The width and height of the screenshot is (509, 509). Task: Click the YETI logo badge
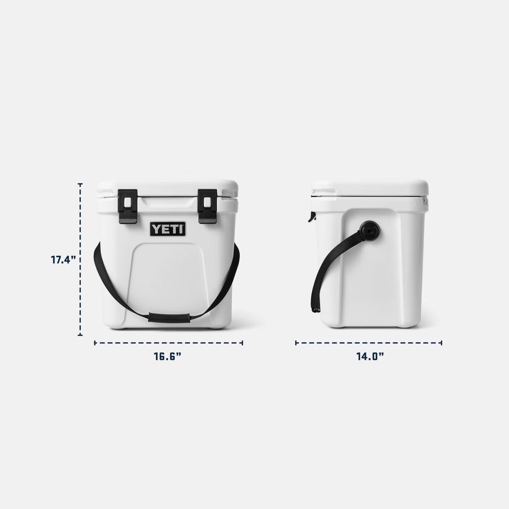[x=168, y=229]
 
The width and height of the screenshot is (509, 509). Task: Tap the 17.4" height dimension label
[x=63, y=259]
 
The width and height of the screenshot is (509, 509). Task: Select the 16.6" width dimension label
[x=168, y=356]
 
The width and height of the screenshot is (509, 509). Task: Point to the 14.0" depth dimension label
[x=370, y=356]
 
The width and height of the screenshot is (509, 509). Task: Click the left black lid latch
[x=128, y=206]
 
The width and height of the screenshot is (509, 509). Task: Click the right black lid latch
[x=207, y=206]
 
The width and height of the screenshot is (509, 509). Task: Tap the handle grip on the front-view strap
[x=169, y=318]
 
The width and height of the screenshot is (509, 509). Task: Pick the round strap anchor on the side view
[x=370, y=231]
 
